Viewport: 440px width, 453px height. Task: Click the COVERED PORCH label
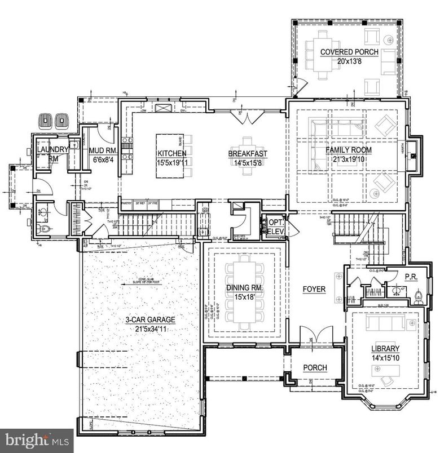tap(349, 52)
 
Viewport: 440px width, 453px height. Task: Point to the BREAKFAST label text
tap(248, 153)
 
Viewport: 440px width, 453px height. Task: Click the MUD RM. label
tap(102, 150)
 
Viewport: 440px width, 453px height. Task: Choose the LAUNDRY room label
tap(52, 149)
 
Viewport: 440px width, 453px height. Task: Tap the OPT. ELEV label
tap(275, 225)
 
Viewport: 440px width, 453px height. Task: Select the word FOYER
tap(314, 289)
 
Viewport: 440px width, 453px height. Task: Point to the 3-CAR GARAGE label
tap(150, 319)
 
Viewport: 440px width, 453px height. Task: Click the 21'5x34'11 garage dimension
tap(150, 328)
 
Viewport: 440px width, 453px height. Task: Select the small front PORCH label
tap(315, 368)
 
